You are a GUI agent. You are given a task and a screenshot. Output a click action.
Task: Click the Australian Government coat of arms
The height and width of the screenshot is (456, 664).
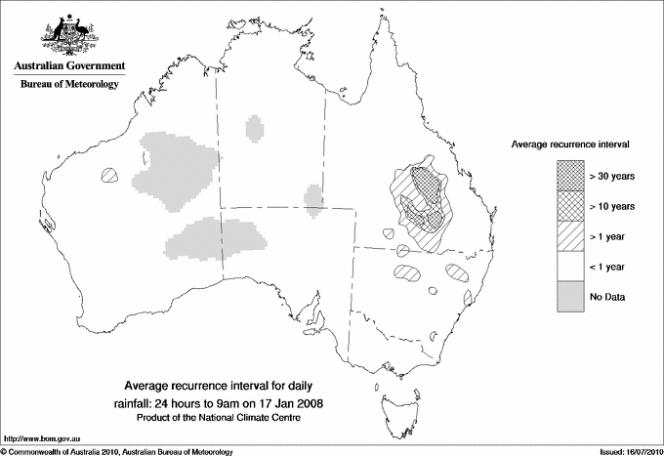click(67, 32)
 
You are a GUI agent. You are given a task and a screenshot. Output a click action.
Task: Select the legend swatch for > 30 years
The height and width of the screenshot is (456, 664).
click(570, 176)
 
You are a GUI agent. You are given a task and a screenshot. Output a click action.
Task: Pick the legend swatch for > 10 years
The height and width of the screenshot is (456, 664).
click(570, 206)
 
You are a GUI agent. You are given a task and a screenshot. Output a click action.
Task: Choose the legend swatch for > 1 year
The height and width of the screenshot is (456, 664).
click(570, 236)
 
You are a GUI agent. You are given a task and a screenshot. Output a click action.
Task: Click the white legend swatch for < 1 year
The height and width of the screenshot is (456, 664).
click(570, 267)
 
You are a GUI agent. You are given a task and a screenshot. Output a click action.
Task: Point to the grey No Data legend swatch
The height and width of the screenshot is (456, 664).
click(570, 297)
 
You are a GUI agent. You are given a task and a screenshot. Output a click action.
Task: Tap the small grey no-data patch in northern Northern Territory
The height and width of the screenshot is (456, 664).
click(255, 128)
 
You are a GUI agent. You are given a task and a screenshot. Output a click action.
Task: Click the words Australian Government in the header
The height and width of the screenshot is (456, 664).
click(67, 66)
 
